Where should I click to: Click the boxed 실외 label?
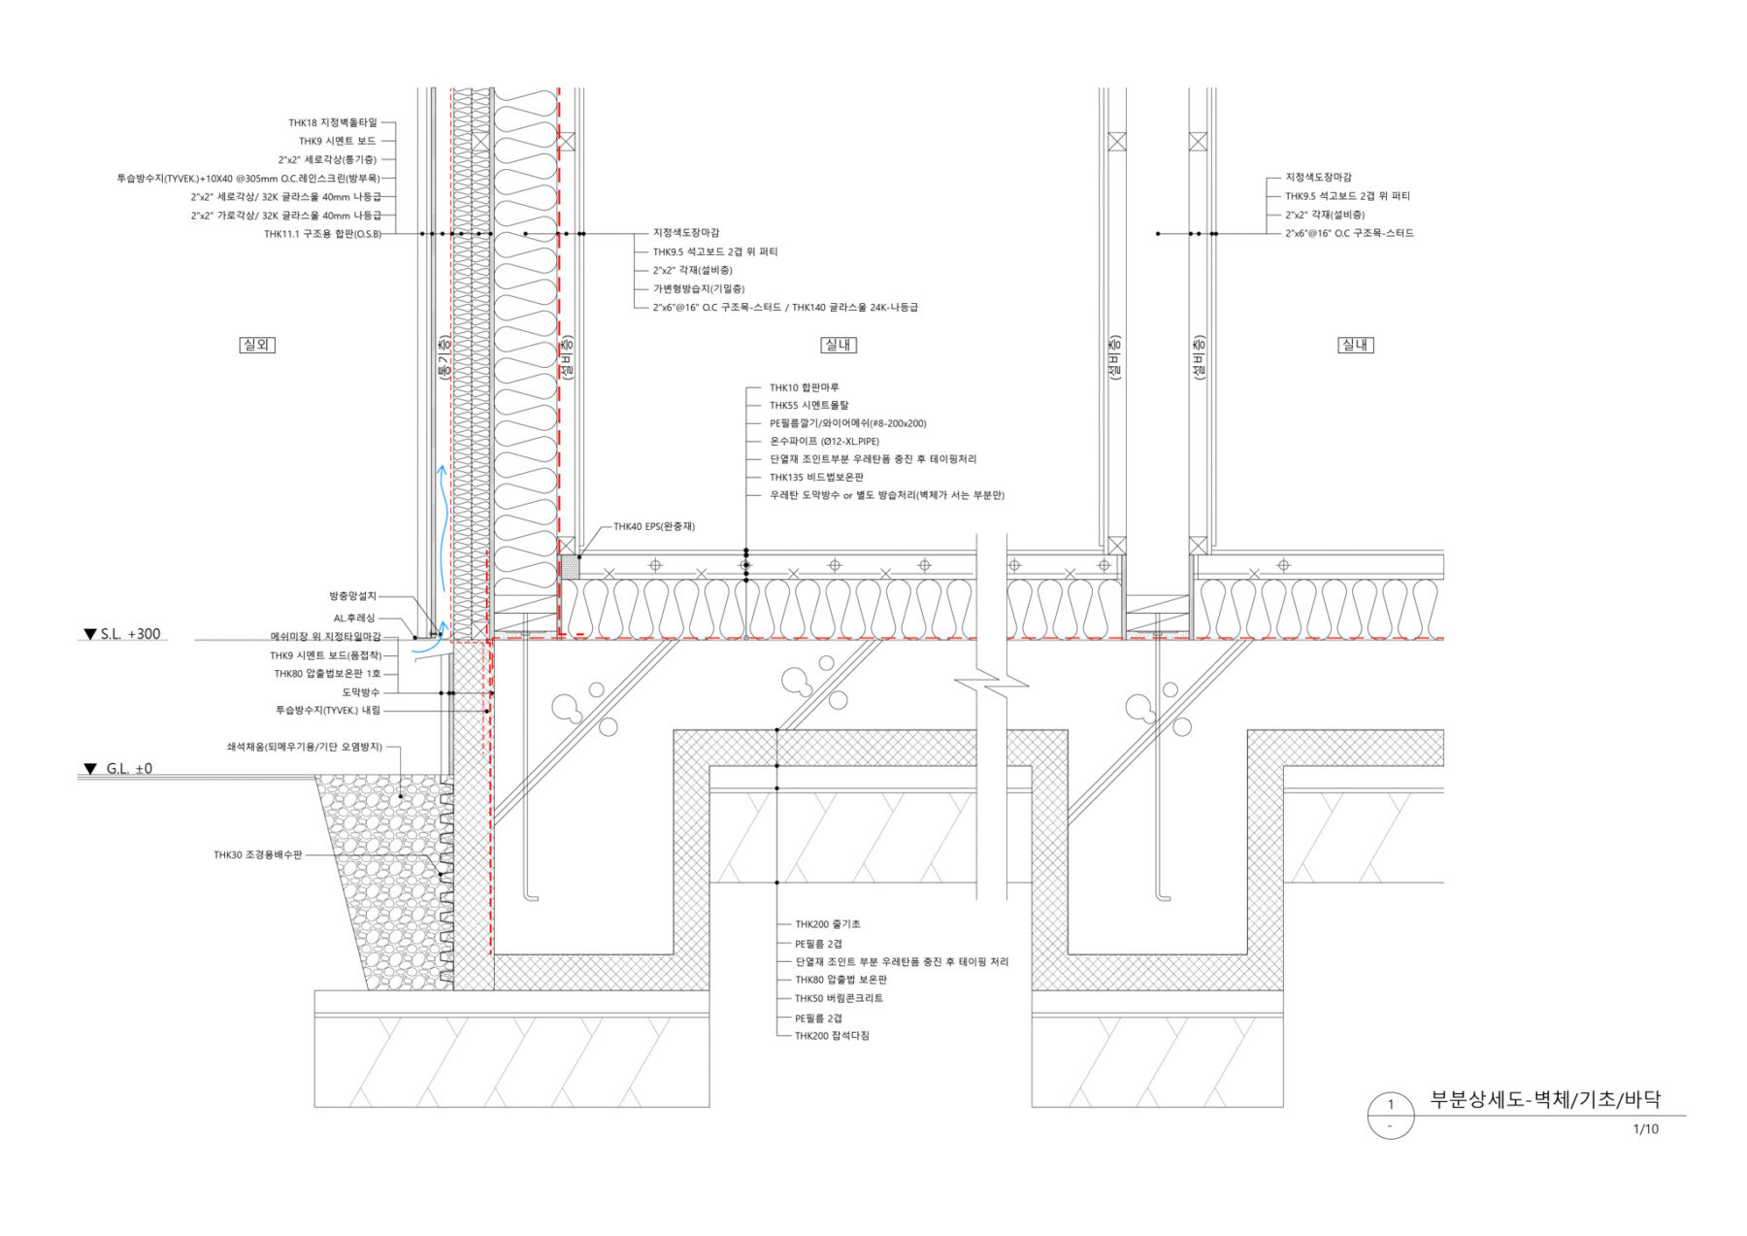point(257,345)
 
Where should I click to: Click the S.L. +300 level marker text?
point(122,634)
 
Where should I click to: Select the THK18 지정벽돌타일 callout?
point(332,123)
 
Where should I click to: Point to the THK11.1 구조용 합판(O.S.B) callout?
point(322,234)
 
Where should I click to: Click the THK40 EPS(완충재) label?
point(654,527)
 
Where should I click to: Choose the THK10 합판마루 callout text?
point(805,388)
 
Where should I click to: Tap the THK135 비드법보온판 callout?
point(816,478)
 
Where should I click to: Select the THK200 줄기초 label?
point(828,924)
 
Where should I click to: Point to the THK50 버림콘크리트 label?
point(840,998)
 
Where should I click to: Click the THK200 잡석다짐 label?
point(832,1036)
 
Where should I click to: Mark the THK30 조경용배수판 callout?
point(258,855)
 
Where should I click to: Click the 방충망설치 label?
point(352,596)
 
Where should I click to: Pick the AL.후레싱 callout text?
point(354,618)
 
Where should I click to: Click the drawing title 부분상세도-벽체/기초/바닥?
point(1545,1100)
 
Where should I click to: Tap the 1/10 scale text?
point(1646,1129)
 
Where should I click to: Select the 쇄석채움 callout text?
point(305,748)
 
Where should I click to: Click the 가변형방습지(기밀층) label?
point(699,289)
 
